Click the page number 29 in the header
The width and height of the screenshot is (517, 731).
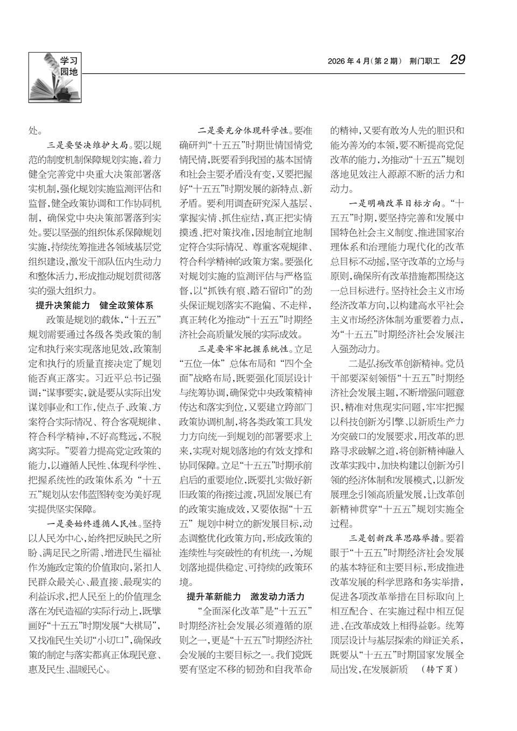point(458,60)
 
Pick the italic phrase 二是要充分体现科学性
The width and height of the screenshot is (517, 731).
point(244,130)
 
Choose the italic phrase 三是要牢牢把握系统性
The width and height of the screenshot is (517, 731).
point(244,349)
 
